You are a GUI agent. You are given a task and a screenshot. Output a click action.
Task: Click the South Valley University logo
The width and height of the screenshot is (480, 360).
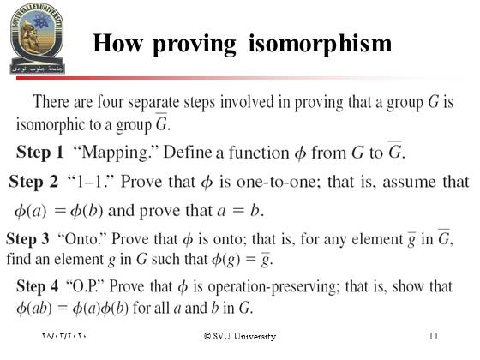37,38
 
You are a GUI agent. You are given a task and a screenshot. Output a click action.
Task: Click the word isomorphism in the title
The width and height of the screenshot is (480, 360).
320,45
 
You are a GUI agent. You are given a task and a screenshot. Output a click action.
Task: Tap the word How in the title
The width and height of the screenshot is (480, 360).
117,43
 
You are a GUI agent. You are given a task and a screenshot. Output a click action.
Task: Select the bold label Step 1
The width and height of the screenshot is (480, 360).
39,153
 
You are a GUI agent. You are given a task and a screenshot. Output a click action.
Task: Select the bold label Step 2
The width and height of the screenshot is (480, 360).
33,182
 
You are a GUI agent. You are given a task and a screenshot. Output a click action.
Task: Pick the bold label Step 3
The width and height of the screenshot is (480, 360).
27,239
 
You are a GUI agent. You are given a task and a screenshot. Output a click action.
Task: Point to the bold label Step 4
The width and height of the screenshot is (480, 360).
38,286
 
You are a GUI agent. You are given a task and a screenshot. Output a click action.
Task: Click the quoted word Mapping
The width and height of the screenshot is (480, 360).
116,153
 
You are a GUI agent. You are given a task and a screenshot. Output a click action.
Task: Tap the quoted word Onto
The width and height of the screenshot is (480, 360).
81,239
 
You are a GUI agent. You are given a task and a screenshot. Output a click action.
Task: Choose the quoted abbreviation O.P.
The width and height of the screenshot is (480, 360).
86,286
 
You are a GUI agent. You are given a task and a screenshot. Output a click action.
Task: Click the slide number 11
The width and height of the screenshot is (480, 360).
434,336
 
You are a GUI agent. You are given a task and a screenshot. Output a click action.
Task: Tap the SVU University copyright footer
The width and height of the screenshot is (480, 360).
240,336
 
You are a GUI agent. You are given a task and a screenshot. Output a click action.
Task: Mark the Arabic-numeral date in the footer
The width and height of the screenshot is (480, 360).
63,335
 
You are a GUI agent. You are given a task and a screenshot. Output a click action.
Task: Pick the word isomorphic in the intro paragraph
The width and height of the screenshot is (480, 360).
50,124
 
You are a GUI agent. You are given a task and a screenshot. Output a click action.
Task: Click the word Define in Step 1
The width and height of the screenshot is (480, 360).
188,153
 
